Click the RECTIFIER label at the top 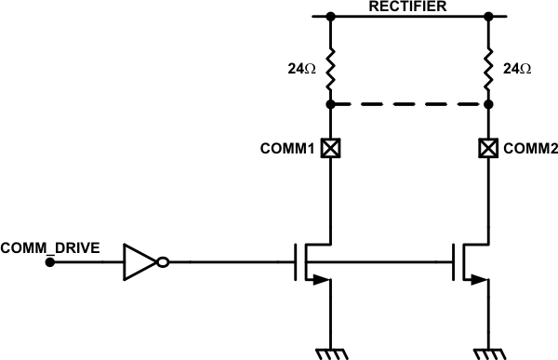pos(409,7)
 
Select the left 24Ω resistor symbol pos(330,68)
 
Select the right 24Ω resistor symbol pos(488,68)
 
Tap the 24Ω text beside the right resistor pos(518,69)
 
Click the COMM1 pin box pos(330,147)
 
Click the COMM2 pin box pos(488,147)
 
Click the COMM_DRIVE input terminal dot pos(50,262)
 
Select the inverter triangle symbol pos(139,262)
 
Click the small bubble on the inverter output pos(163,262)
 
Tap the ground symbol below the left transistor pos(330,351)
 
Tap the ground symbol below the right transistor pos(488,351)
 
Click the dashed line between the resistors pos(409,105)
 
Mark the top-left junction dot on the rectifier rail pos(330,16)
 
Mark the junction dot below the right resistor pos(488,105)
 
